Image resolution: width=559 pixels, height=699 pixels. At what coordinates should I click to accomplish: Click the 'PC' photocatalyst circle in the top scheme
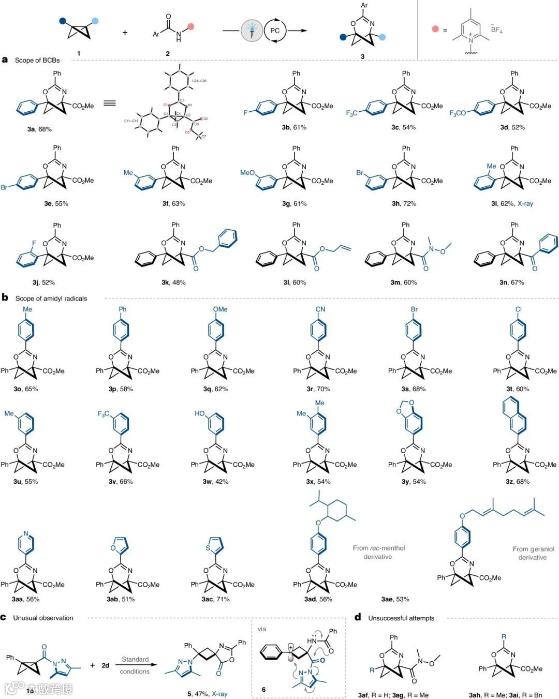(275, 31)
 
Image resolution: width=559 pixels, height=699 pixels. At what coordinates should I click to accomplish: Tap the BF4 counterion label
(496, 29)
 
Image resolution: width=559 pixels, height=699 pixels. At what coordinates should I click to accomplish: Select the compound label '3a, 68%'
(39, 129)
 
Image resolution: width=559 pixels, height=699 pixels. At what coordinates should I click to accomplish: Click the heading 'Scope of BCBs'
(37, 60)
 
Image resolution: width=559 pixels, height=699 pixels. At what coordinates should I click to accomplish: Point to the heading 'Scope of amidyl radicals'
(51, 298)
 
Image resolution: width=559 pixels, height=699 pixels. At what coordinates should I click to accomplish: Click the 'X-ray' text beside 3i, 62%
(525, 203)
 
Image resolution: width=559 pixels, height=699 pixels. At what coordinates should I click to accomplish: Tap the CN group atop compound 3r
(320, 309)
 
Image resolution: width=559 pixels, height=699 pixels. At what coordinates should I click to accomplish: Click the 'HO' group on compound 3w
(200, 413)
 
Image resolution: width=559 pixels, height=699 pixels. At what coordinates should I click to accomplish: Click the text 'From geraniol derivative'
(533, 553)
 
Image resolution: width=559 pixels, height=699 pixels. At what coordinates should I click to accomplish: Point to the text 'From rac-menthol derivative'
(378, 552)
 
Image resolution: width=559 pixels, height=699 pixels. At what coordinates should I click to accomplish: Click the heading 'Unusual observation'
(43, 618)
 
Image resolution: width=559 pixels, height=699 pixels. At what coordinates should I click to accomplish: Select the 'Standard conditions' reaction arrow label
(135, 665)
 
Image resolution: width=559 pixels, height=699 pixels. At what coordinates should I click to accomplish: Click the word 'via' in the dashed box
(262, 629)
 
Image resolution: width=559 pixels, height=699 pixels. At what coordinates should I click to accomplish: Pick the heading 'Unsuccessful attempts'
(401, 618)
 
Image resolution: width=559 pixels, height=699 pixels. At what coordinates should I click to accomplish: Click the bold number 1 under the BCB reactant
(79, 53)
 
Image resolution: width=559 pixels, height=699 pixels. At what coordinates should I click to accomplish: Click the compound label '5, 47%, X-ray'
(208, 694)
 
